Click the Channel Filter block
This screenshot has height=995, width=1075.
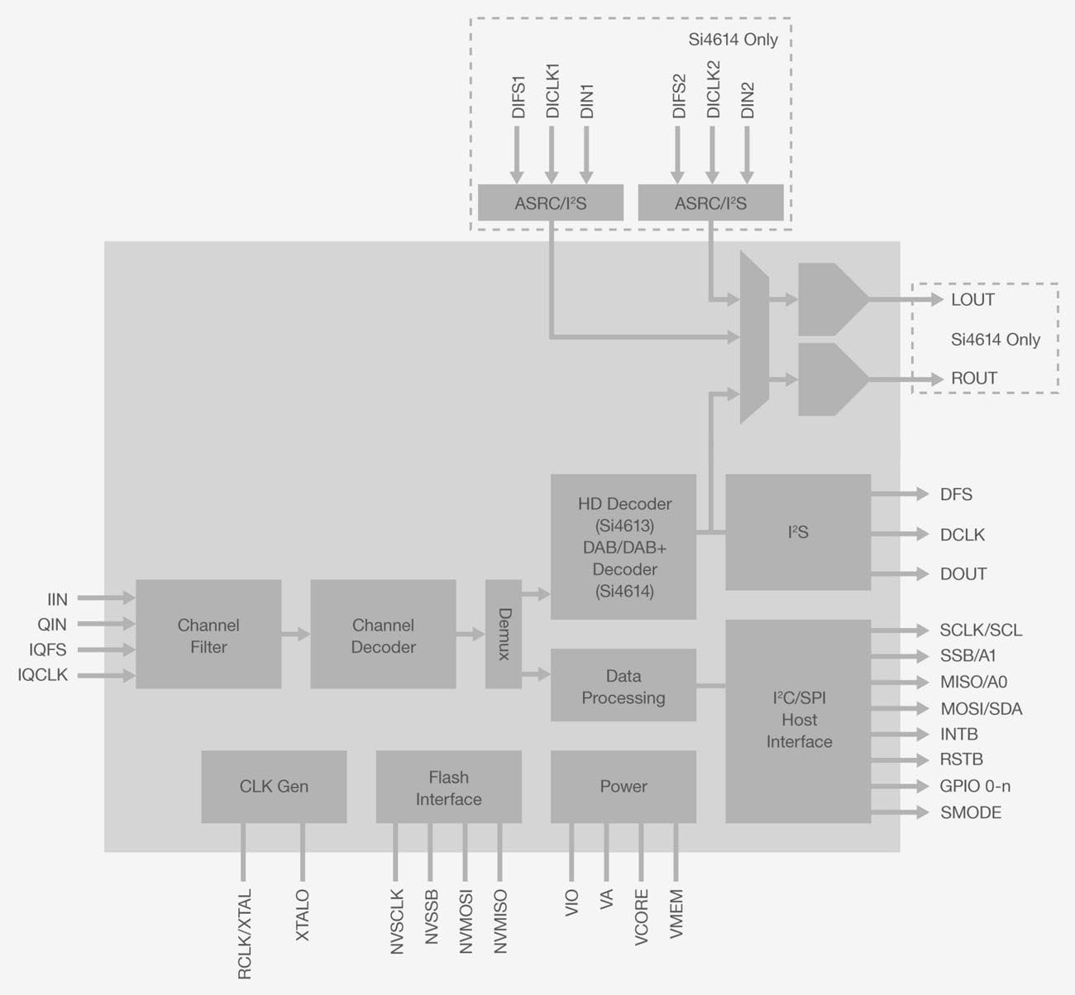tap(208, 635)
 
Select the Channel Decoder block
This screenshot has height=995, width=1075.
tap(383, 635)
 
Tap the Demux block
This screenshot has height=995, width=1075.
tap(504, 634)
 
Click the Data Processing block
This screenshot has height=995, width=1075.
tap(623, 686)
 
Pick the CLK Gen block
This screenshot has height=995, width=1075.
tap(274, 787)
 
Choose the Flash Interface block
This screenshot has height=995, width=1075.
tap(448, 787)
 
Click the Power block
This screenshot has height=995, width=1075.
tap(623, 787)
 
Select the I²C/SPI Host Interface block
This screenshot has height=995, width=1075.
tap(798, 721)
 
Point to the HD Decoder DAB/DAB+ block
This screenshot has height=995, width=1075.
tap(623, 547)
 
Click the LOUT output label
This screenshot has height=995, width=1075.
tap(972, 300)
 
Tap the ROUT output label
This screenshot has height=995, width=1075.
tap(973, 378)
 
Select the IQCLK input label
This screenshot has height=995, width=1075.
tap(43, 675)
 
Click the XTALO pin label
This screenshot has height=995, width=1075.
tap(303, 915)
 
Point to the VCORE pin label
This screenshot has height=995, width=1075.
tap(642, 916)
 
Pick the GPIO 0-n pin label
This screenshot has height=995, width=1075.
tap(975, 786)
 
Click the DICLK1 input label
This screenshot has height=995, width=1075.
tap(552, 91)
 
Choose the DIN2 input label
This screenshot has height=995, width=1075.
tap(748, 100)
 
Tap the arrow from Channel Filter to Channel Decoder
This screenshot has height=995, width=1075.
tap(295, 635)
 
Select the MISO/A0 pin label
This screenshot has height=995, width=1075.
tap(973, 683)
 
